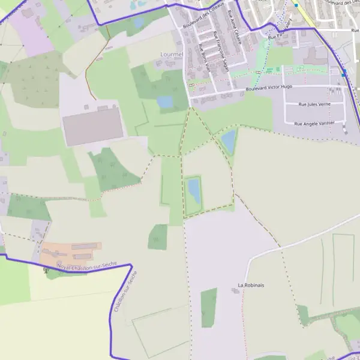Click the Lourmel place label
point(171,54)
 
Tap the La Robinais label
point(251,285)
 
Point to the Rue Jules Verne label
point(314,104)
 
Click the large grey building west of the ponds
point(93,126)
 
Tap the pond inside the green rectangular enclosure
point(193,191)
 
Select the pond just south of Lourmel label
point(165,102)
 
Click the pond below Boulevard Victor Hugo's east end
point(229,142)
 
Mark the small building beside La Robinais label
point(235,291)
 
